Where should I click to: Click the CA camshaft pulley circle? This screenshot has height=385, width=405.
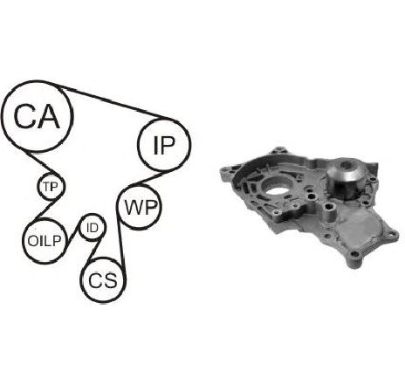[x=37, y=82]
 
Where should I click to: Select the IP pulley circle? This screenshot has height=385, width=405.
[x=164, y=119]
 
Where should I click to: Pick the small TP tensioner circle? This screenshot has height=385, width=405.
[x=51, y=174]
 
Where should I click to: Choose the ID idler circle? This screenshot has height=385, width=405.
[x=93, y=216]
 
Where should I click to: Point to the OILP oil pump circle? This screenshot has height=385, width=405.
[x=45, y=221]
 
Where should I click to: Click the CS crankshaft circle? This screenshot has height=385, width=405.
[x=103, y=258]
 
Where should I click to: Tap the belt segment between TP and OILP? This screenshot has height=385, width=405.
[x=48, y=208]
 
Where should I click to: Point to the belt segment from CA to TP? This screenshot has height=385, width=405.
[x=41, y=163]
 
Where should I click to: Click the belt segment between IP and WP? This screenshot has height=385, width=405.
[x=146, y=179]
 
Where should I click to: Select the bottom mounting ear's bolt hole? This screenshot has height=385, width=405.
[x=354, y=254]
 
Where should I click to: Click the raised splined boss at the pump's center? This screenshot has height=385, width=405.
[x=330, y=212]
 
